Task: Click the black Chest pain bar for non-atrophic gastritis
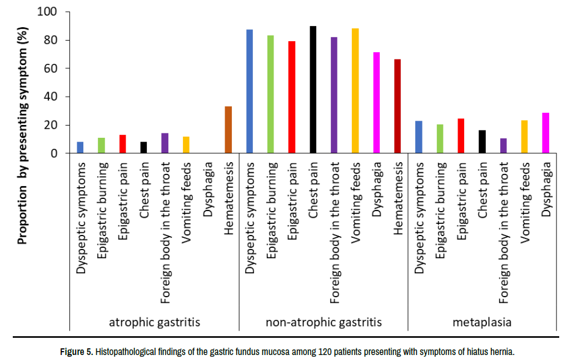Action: [x=313, y=89]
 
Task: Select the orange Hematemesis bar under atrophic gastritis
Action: [x=228, y=129]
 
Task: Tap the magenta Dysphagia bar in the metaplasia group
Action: [x=545, y=133]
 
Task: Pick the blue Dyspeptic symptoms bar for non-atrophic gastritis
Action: [x=250, y=91]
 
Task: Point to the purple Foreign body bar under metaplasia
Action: [x=504, y=146]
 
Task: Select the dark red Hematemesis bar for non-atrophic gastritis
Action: [x=397, y=106]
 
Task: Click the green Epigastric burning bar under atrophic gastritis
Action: [x=101, y=145]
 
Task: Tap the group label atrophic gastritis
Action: [x=155, y=322]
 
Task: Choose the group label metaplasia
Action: [x=481, y=322]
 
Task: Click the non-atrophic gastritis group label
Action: [x=324, y=322]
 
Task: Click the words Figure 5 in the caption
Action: [x=77, y=352]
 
